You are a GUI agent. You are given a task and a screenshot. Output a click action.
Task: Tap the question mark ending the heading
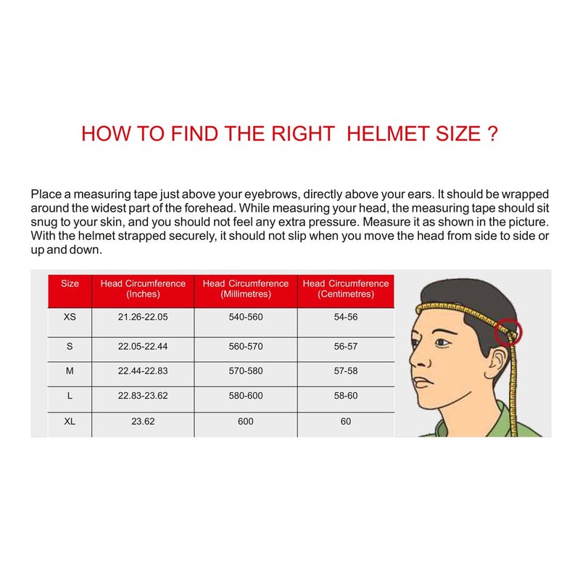click(x=492, y=134)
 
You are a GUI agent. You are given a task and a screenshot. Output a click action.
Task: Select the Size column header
click(x=70, y=283)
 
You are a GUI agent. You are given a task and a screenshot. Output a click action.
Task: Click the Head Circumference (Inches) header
click(x=143, y=289)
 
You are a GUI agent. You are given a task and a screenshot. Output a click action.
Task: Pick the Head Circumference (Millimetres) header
click(x=246, y=289)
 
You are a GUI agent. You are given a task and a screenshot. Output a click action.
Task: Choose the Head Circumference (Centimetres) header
click(x=346, y=289)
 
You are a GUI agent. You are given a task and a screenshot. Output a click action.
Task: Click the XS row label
click(x=70, y=318)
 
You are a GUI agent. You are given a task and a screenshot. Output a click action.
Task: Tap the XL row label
click(x=70, y=421)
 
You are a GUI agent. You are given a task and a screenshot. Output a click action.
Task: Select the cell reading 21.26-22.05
click(x=143, y=318)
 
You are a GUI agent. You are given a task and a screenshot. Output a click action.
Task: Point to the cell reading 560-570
click(x=246, y=347)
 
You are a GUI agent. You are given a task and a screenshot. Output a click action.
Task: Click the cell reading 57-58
click(x=346, y=371)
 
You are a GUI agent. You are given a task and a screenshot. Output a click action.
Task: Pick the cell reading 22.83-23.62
click(x=143, y=396)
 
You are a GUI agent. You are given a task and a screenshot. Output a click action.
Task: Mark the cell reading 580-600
click(x=246, y=396)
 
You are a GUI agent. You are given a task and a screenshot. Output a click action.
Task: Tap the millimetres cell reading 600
click(x=246, y=421)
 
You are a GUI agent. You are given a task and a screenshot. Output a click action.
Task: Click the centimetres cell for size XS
click(x=346, y=318)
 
